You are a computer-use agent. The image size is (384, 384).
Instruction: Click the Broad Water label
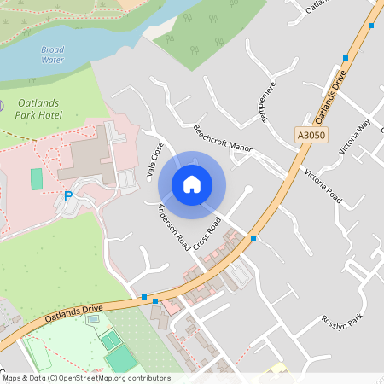click(x=52, y=55)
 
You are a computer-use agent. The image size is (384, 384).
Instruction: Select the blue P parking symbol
click(x=68, y=196)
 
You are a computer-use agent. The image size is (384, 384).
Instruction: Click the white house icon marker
click(x=192, y=183)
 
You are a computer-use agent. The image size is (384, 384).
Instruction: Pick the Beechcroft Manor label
click(x=223, y=138)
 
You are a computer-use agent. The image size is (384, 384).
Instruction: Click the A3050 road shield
click(x=311, y=135)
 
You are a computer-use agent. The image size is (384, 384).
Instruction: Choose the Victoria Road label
click(x=323, y=185)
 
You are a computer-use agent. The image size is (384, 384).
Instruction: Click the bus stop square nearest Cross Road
click(x=253, y=238)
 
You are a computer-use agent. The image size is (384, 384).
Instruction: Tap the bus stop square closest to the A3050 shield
click(x=346, y=58)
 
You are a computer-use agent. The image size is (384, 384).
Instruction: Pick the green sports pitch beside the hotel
click(x=36, y=179)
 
